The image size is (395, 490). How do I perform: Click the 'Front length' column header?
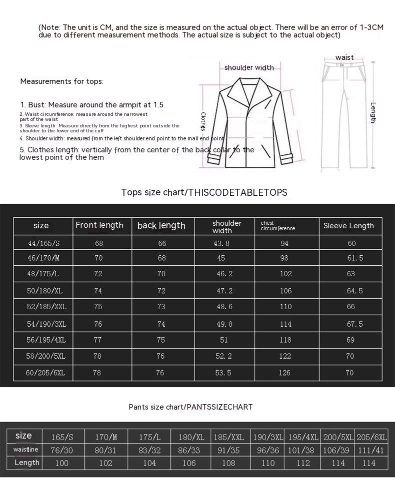(x=99, y=225)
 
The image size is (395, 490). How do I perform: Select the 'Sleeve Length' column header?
(x=348, y=226)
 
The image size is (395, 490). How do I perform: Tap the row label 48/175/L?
(x=43, y=274)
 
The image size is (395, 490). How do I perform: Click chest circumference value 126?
(x=286, y=373)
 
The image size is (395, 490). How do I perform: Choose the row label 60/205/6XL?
(x=43, y=373)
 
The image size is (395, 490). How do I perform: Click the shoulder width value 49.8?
(x=224, y=324)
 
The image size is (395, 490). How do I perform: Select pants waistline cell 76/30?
(x=62, y=450)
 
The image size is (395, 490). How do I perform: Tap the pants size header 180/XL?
(x=191, y=437)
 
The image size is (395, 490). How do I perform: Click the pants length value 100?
(x=62, y=463)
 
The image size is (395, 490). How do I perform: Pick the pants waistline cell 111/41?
(x=370, y=450)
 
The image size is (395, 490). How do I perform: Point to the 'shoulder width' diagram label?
(x=249, y=67)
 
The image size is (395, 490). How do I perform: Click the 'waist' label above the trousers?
(x=344, y=57)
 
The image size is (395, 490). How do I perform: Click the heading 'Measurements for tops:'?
(x=62, y=81)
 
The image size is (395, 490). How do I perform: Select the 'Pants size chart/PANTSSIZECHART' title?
(x=190, y=407)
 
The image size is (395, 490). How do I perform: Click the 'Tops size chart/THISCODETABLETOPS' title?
(x=204, y=192)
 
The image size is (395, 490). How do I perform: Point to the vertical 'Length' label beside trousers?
(x=373, y=112)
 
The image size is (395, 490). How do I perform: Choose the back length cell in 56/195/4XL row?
(x=161, y=340)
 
